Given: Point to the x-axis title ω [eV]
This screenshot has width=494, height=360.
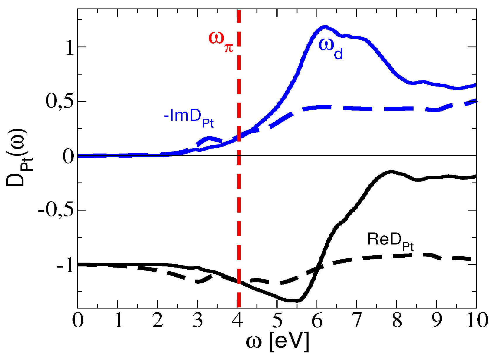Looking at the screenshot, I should tap(277, 342).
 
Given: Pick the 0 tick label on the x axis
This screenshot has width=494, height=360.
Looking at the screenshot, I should tap(78, 321).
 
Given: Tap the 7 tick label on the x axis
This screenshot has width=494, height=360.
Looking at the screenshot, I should tap(357, 321).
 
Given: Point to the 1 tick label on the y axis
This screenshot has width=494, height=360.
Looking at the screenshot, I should tap(70, 48).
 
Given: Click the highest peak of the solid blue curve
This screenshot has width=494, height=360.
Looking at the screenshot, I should tap(324, 27).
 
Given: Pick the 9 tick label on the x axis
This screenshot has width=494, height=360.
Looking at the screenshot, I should tap(436, 321).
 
